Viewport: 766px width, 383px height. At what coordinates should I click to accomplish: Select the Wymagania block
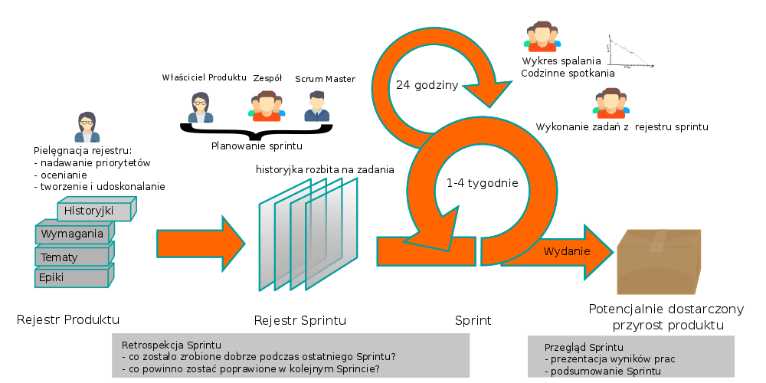coord(72,233)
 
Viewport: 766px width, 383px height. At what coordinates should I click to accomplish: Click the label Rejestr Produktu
coord(68,319)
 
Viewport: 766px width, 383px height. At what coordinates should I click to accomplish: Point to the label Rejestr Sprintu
coord(300,319)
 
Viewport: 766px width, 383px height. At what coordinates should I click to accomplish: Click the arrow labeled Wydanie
coord(567,251)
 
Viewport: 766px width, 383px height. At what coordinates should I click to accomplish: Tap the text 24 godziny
coord(427,85)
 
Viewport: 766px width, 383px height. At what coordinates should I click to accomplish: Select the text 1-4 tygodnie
coord(482,183)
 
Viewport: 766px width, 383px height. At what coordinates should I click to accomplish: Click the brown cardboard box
coord(660,262)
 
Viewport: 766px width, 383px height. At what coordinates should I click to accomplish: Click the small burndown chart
coord(627,53)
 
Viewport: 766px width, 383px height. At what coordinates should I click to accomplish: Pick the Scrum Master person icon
coord(315,106)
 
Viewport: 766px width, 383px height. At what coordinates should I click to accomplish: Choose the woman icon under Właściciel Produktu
coord(201,107)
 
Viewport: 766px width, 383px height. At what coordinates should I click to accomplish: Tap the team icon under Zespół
coord(266,106)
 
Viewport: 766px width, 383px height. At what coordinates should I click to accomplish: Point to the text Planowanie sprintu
coord(257,146)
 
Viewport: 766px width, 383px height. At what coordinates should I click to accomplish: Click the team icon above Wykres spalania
coord(541,37)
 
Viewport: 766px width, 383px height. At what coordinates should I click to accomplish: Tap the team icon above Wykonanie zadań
coord(610,104)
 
